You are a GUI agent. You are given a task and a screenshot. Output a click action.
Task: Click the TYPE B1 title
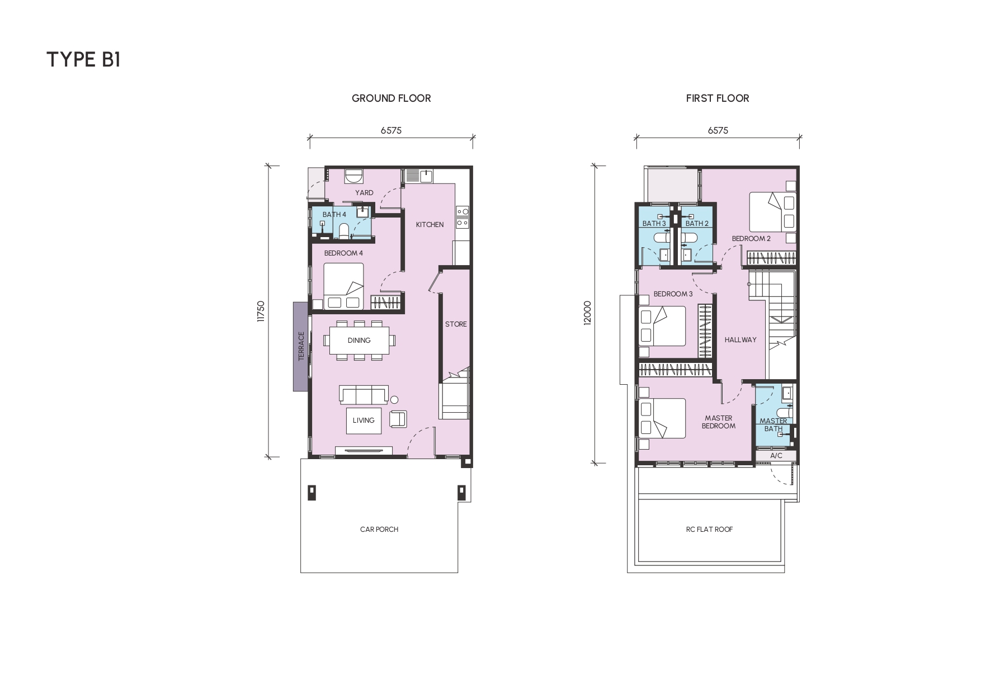83,59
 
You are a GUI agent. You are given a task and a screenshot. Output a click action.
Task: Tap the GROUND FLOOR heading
391,98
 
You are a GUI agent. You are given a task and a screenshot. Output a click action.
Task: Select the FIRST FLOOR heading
718,98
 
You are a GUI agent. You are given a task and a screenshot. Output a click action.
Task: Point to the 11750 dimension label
260,311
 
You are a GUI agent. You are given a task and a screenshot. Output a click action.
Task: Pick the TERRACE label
301,346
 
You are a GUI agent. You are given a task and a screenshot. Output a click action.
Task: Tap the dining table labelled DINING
359,340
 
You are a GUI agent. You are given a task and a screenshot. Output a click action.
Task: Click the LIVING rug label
364,421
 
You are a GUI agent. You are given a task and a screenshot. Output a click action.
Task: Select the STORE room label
456,324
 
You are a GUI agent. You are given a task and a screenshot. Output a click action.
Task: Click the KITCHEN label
430,225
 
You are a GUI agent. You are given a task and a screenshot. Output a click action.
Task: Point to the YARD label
364,193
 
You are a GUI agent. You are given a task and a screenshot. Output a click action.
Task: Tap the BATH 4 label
334,215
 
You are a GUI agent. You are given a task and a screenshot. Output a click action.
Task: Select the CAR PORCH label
379,530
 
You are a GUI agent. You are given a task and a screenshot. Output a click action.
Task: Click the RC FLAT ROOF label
709,530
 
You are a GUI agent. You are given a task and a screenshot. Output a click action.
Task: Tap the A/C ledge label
776,456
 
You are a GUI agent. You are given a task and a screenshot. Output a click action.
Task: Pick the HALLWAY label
741,340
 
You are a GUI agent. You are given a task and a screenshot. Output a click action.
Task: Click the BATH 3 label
654,224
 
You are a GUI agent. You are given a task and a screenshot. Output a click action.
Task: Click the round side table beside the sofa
394,400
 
